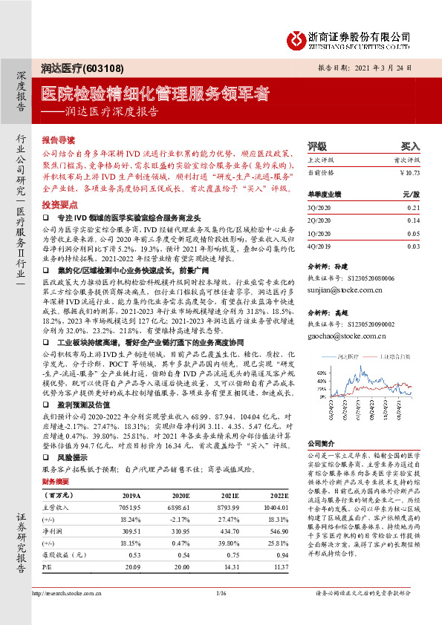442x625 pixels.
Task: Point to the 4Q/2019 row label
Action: (x=319, y=246)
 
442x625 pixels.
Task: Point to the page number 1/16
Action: (x=221, y=613)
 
